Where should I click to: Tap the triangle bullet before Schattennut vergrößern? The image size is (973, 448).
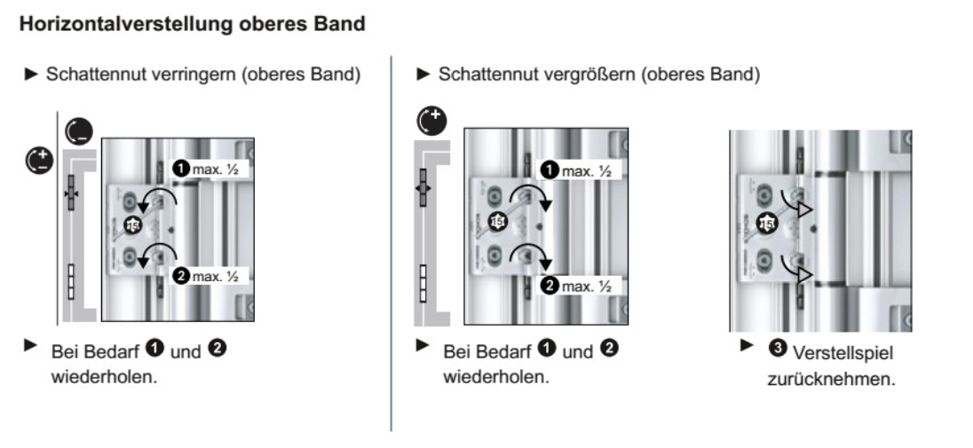423,72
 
